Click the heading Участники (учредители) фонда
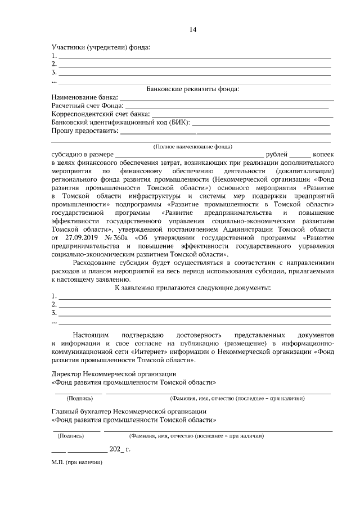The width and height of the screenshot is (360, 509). click(101, 48)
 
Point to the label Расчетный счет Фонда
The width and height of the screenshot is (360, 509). click(87, 105)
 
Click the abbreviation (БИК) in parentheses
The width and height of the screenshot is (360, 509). click(178, 122)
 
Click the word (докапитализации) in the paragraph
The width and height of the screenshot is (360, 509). click(307, 170)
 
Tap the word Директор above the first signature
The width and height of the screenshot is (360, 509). click(66, 373)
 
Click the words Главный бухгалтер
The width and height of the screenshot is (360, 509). click(81, 411)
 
